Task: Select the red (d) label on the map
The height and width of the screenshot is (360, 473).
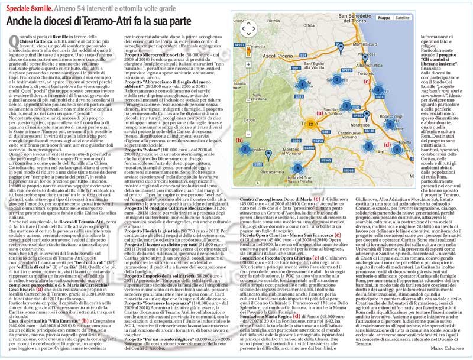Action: coord(387,144)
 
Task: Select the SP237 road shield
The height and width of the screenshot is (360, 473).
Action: coord(239,45)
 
